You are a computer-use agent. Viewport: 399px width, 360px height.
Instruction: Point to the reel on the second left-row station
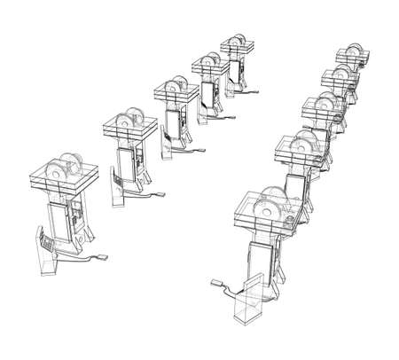coord(126,121)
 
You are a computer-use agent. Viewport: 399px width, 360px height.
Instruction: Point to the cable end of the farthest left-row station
coord(258,90)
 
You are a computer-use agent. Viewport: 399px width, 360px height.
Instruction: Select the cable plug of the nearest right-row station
coord(214,285)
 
